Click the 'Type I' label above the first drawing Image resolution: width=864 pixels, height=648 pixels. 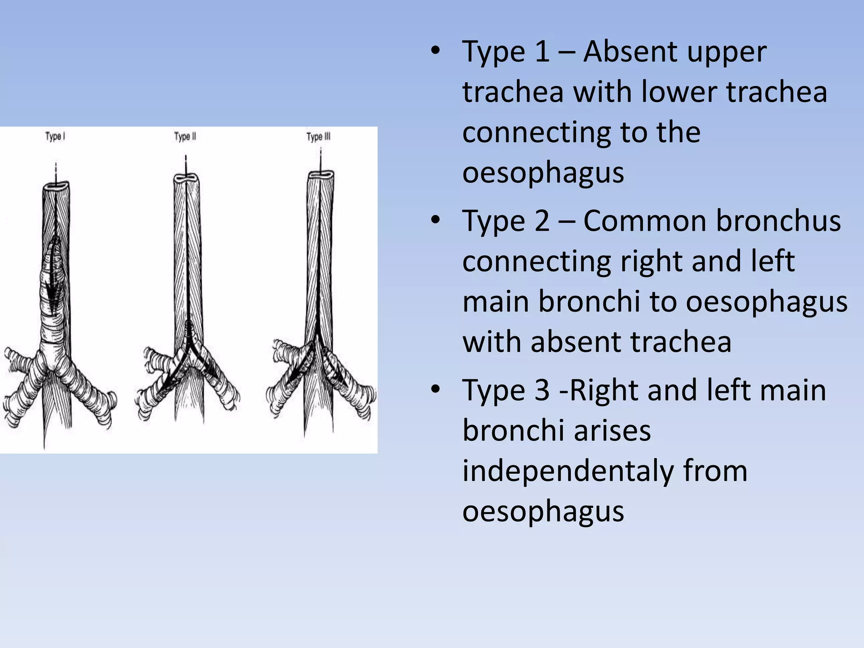click(x=55, y=137)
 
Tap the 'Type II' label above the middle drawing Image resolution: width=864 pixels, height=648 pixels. click(x=185, y=137)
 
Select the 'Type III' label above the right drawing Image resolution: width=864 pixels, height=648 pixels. click(x=319, y=137)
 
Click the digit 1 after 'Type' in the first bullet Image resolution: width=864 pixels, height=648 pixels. click(x=542, y=52)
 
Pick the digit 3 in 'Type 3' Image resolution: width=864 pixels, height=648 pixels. click(x=542, y=390)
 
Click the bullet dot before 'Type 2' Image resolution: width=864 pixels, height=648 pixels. click(x=436, y=220)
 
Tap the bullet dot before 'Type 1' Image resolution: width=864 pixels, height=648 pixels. click(x=436, y=51)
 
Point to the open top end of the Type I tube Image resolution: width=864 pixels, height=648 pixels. click(x=56, y=186)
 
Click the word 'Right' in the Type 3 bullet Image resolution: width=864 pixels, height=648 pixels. click(x=604, y=390)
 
